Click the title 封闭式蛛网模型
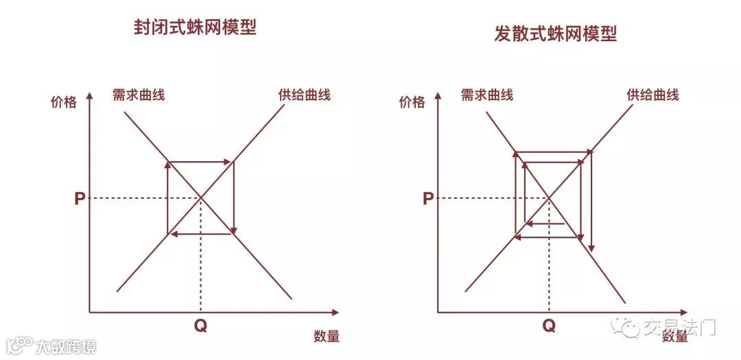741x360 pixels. point(195,28)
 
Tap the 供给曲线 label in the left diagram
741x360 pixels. point(304,95)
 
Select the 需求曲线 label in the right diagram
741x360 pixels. point(486,95)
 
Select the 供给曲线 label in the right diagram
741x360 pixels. point(652,95)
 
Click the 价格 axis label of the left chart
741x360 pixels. point(64,103)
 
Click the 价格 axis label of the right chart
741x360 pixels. point(412,103)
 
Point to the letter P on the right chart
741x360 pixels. point(427,199)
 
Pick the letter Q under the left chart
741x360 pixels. point(200,326)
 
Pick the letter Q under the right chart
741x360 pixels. point(549,326)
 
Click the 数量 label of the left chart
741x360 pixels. point(327,337)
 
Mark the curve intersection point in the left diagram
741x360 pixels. point(201,198)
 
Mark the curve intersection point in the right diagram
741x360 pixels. point(549,198)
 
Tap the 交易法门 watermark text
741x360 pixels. point(679,328)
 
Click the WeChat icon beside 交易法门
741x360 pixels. point(626,328)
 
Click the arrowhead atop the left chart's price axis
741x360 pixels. point(90,98)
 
